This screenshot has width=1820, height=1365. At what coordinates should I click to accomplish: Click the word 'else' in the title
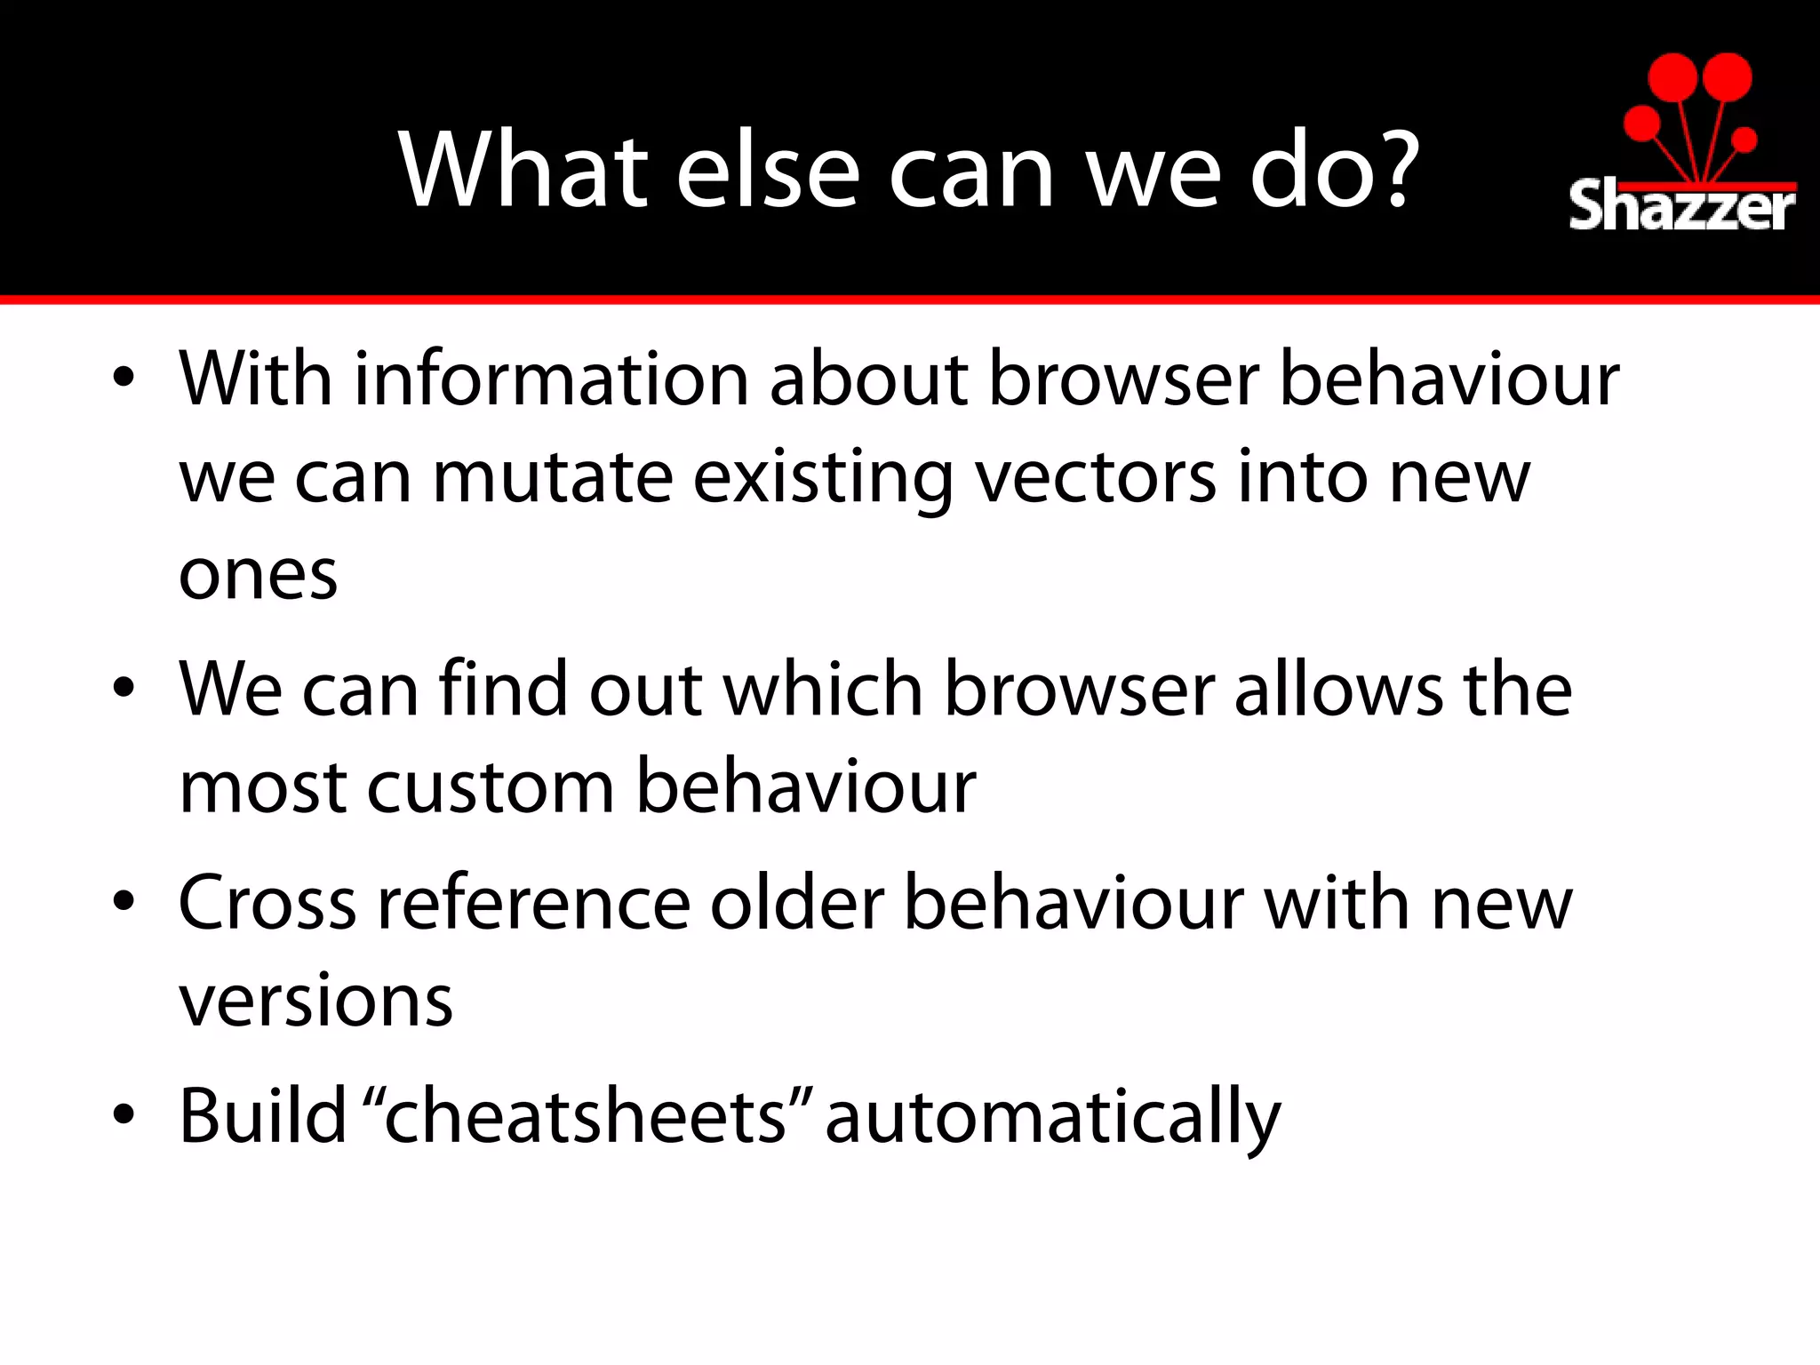pyautogui.click(x=768, y=170)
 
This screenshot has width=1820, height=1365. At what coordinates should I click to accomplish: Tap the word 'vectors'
pyautogui.click(x=1095, y=478)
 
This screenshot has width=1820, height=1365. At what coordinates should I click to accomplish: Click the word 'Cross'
pyautogui.click(x=267, y=903)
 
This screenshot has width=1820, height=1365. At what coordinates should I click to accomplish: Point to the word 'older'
pyautogui.click(x=797, y=903)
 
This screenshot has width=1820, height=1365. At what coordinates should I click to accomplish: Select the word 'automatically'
pyautogui.click(x=1053, y=1118)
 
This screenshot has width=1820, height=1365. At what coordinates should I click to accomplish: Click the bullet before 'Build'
pyautogui.click(x=124, y=1114)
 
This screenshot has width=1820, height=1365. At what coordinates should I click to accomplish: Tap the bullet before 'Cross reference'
pyautogui.click(x=124, y=901)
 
